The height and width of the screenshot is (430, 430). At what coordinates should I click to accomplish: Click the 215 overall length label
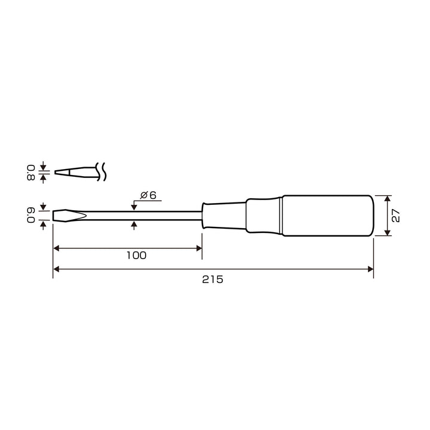coord(213,279)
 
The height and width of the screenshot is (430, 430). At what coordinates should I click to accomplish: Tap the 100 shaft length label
coord(136,256)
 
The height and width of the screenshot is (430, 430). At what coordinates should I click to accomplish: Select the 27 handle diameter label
coord(396,216)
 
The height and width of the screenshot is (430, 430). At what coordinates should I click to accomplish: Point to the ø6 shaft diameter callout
coord(148,195)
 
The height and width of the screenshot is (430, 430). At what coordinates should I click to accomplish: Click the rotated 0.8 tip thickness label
coord(31,173)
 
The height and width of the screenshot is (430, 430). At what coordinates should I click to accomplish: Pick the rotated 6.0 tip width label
coord(31,216)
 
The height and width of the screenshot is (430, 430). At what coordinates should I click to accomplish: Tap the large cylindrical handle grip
coord(328,216)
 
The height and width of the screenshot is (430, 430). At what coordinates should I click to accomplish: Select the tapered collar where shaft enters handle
coord(224,216)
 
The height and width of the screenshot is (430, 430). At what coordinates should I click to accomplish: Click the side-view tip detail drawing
coord(76,172)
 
